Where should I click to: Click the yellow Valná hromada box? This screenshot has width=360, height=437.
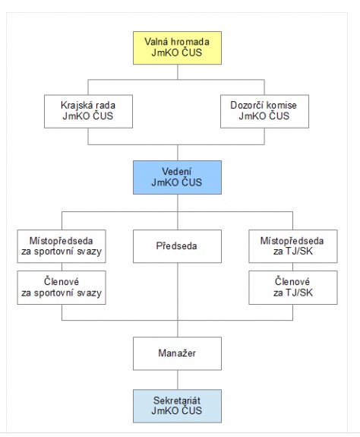(x=178, y=48)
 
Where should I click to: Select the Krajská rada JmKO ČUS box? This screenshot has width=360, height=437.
(x=88, y=112)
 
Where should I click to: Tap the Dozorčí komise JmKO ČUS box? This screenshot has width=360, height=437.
(x=264, y=112)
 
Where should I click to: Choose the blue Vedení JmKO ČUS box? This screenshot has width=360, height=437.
(x=178, y=177)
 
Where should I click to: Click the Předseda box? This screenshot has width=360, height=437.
(x=178, y=246)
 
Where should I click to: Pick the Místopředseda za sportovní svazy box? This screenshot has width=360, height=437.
(x=62, y=246)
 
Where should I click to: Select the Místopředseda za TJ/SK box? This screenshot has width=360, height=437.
(x=293, y=246)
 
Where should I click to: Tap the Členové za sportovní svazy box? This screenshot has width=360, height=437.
(x=62, y=287)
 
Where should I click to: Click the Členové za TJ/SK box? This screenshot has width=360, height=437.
(x=293, y=287)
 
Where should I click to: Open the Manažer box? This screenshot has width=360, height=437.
(x=178, y=353)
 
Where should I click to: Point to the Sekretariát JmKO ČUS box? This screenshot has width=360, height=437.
(x=178, y=406)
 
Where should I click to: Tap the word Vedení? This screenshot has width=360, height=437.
(x=176, y=172)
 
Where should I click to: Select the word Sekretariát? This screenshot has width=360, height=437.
(x=177, y=401)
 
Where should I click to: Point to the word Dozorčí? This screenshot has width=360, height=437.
(x=245, y=105)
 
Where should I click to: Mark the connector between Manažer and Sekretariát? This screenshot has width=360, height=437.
(x=178, y=380)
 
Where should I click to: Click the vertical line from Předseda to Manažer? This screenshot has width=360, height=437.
(x=178, y=300)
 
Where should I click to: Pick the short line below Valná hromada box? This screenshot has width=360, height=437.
(x=178, y=72)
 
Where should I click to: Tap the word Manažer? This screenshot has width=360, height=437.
(x=177, y=353)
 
